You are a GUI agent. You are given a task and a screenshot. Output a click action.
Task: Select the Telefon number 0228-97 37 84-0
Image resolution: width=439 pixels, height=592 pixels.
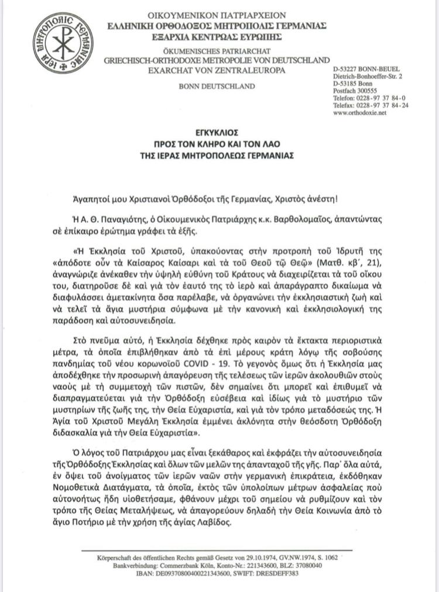pos(380,98)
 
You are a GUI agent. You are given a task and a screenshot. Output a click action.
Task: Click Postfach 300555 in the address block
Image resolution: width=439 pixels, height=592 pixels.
pos(356,91)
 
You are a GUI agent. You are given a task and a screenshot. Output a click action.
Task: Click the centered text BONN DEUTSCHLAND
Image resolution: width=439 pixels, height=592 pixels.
pos(217,86)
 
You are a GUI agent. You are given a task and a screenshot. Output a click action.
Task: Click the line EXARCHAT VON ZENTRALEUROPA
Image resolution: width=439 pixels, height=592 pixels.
pos(217,70)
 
